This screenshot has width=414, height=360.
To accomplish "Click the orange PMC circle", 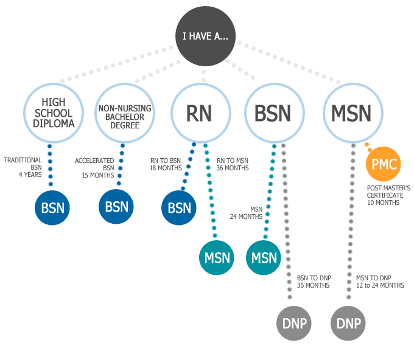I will (383, 164).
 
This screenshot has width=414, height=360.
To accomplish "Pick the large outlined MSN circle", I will (351, 112).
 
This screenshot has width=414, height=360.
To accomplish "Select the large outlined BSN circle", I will (272, 112).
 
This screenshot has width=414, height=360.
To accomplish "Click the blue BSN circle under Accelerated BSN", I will (116, 206).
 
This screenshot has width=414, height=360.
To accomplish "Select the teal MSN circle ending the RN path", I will (217, 257).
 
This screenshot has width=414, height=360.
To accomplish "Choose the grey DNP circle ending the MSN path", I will (348, 322).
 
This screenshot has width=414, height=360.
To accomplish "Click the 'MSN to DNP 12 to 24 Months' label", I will (380, 281).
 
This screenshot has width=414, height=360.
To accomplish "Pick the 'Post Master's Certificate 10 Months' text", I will (388, 195).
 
